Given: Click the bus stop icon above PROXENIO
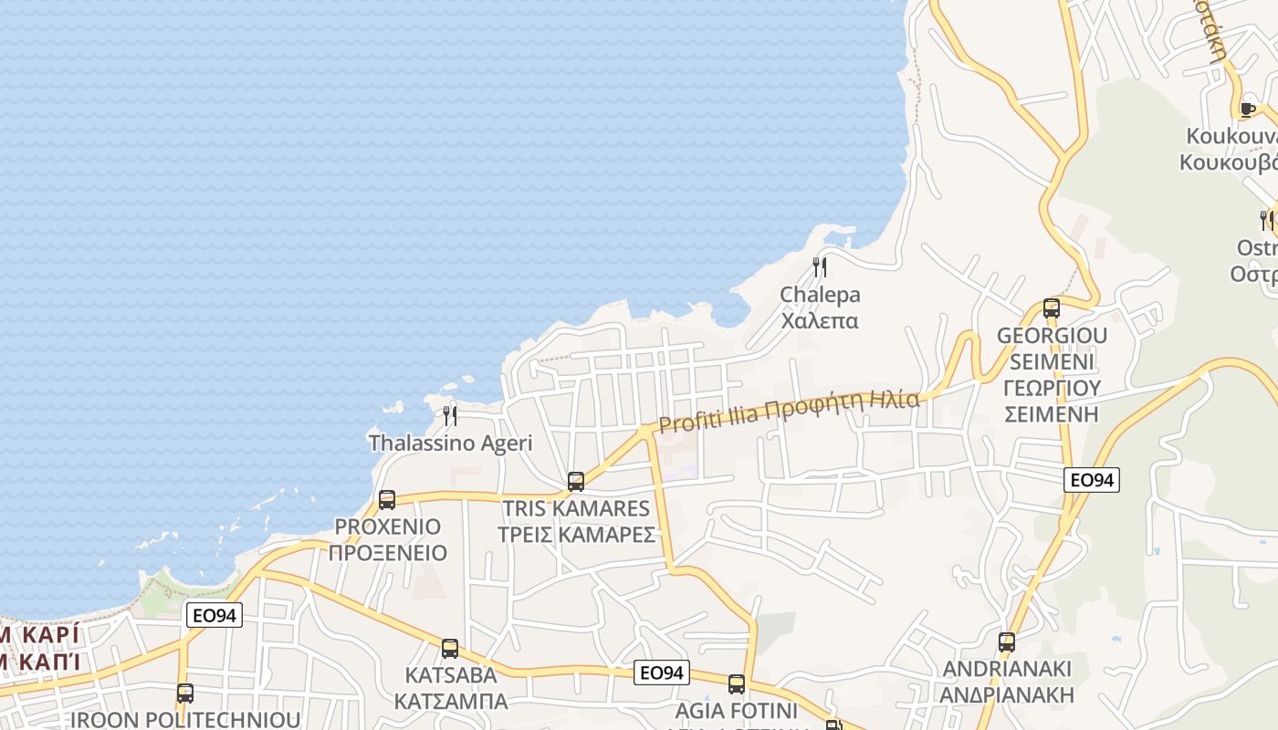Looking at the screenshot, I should pyautogui.click(x=387, y=500).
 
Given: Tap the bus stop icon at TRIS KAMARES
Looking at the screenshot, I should pyautogui.click(x=576, y=482).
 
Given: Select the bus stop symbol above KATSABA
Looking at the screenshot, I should pyautogui.click(x=450, y=649).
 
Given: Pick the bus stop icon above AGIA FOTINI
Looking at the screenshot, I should pyautogui.click(x=737, y=684).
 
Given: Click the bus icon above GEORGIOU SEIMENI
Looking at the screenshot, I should pyautogui.click(x=1052, y=308).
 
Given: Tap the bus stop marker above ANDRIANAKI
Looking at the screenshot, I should pyautogui.click(x=1007, y=642).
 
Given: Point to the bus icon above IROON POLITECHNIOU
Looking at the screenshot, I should pyautogui.click(x=185, y=693).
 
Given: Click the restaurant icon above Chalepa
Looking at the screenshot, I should pyautogui.click(x=820, y=267).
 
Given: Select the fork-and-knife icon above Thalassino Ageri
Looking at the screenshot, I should pyautogui.click(x=450, y=416).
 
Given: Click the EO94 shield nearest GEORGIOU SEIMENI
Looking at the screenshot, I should pyautogui.click(x=1092, y=480).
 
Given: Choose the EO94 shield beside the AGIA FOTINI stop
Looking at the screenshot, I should pyautogui.click(x=662, y=673).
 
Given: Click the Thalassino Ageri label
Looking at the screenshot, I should pyautogui.click(x=450, y=443).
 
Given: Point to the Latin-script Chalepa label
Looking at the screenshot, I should pyautogui.click(x=820, y=295).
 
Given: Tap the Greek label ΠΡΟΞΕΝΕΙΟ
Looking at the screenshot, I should pyautogui.click(x=388, y=553).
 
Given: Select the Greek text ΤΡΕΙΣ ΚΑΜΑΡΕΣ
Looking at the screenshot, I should pyautogui.click(x=576, y=535).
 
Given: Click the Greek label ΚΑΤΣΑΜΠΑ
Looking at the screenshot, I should pyautogui.click(x=450, y=701).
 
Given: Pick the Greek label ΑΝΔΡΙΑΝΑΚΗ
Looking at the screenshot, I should pyautogui.click(x=1007, y=694).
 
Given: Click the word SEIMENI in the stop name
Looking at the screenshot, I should pyautogui.click(x=1052, y=361).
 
